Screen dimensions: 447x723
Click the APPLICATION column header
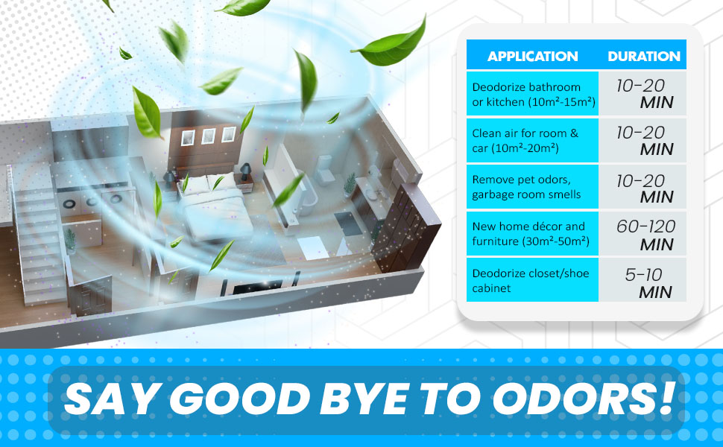[532, 57]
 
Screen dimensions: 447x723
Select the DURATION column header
[643, 57]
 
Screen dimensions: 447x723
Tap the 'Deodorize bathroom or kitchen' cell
[532, 94]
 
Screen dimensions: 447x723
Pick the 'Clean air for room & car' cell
[532, 141]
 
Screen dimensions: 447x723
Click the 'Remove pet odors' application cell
[532, 188]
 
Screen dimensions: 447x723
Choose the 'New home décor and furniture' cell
[532, 234]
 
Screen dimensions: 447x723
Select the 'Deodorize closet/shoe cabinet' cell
[532, 281]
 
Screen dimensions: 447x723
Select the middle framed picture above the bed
[208, 136]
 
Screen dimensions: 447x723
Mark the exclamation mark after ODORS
[665, 398]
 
